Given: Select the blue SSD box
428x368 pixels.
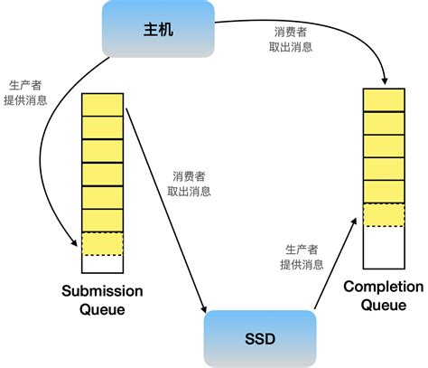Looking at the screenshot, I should point(261,339).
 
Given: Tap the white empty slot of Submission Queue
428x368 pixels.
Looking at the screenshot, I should point(101,264).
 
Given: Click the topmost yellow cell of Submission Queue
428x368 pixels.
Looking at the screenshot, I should point(101,104).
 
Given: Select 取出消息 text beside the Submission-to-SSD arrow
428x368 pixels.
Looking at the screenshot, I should point(190,191).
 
